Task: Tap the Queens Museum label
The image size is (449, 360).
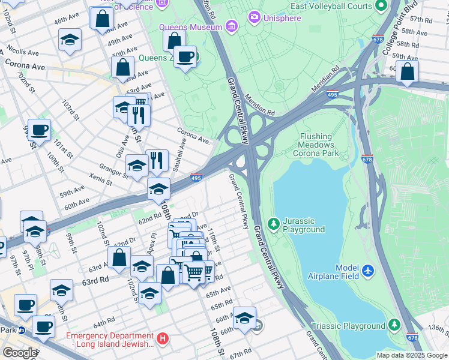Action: (x=190, y=28)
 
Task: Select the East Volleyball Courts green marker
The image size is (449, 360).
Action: (x=381, y=7)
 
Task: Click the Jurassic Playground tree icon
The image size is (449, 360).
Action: (x=274, y=224)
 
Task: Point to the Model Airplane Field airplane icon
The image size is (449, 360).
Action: (x=369, y=272)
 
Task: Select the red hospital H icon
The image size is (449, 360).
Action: (x=162, y=339)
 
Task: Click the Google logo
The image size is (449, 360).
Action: (x=20, y=353)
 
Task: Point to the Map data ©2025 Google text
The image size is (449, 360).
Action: (x=411, y=355)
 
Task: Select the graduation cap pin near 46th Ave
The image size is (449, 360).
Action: (x=70, y=40)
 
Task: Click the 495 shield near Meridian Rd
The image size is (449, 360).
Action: (x=332, y=94)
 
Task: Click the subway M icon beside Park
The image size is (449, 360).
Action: (x=21, y=330)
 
